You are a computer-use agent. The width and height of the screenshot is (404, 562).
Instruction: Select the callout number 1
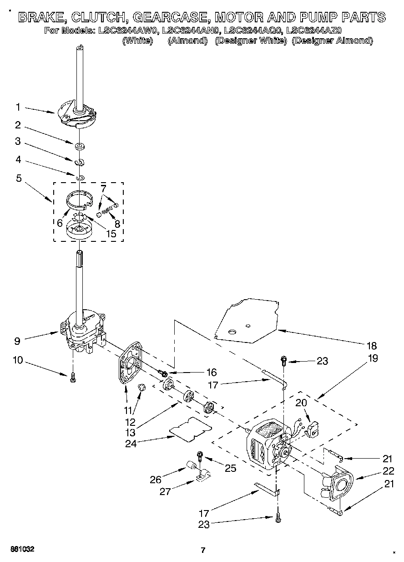(18, 107)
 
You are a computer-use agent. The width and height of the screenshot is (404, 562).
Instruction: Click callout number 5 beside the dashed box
(19, 179)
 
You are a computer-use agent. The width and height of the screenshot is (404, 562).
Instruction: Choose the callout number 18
(372, 346)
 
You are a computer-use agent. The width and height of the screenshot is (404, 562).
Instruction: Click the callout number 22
(388, 471)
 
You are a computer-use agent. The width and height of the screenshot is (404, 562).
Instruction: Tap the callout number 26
(156, 479)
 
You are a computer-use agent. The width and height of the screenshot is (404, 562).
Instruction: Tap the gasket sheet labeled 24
(191, 429)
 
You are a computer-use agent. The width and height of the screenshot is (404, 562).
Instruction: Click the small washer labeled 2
(80, 146)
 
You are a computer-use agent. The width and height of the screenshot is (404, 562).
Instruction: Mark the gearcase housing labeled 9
(82, 330)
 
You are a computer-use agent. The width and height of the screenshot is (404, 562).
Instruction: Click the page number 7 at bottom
(203, 550)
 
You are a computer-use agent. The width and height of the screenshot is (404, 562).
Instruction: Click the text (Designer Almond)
(332, 41)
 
